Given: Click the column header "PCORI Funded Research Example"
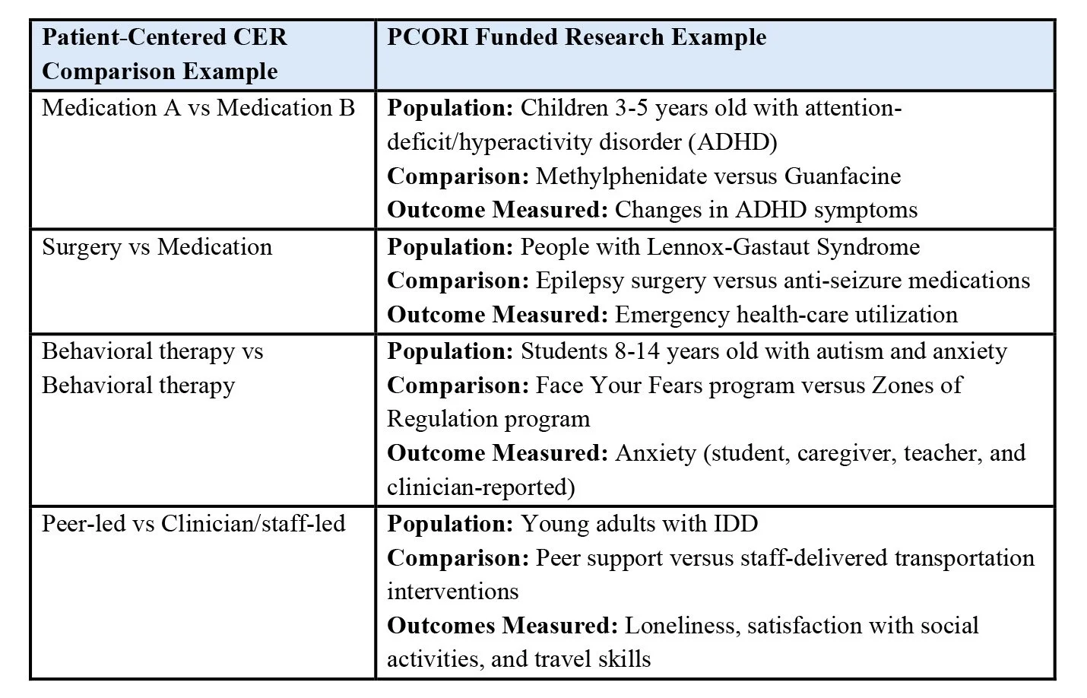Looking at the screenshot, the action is coord(576,37).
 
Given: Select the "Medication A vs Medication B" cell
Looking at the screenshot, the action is coord(198,108).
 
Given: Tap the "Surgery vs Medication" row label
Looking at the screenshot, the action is coord(157,247).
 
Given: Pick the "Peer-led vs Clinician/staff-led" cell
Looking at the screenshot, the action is coord(193,524).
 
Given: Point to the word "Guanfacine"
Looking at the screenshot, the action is coord(842,176).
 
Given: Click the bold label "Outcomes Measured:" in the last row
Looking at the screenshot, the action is coord(502,626).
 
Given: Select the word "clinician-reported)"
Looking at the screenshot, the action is coord(480,487).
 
